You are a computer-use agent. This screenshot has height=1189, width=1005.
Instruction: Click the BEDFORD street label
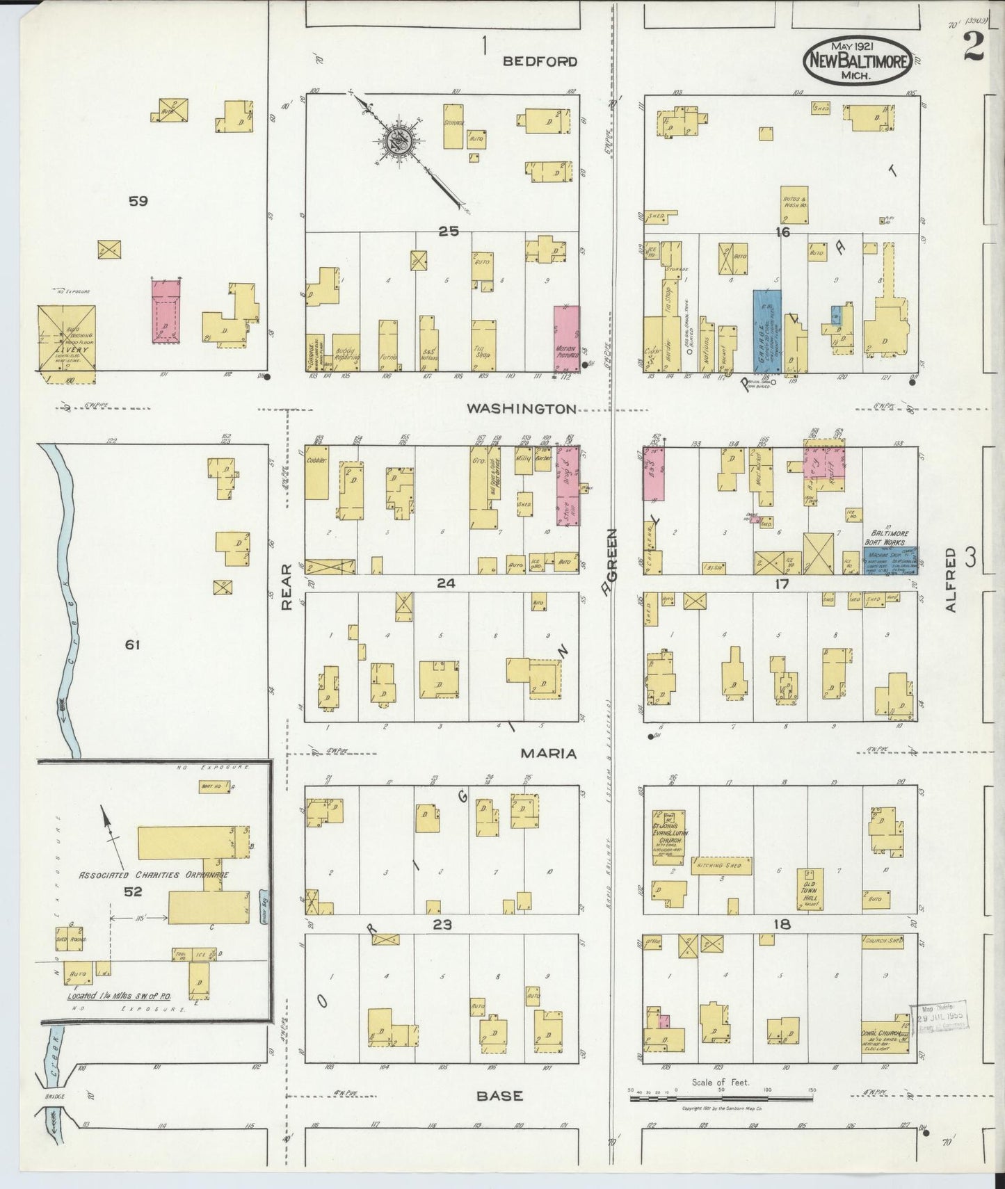point(540,61)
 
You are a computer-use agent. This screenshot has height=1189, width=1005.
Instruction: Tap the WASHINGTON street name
point(521,409)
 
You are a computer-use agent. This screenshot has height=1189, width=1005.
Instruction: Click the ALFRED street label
point(951,579)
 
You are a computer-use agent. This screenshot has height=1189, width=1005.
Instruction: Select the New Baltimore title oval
point(858,60)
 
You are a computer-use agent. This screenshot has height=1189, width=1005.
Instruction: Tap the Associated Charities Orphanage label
point(153,875)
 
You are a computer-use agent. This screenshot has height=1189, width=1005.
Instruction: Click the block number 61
point(132,645)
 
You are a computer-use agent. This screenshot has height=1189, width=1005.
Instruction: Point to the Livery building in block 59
point(67,339)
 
